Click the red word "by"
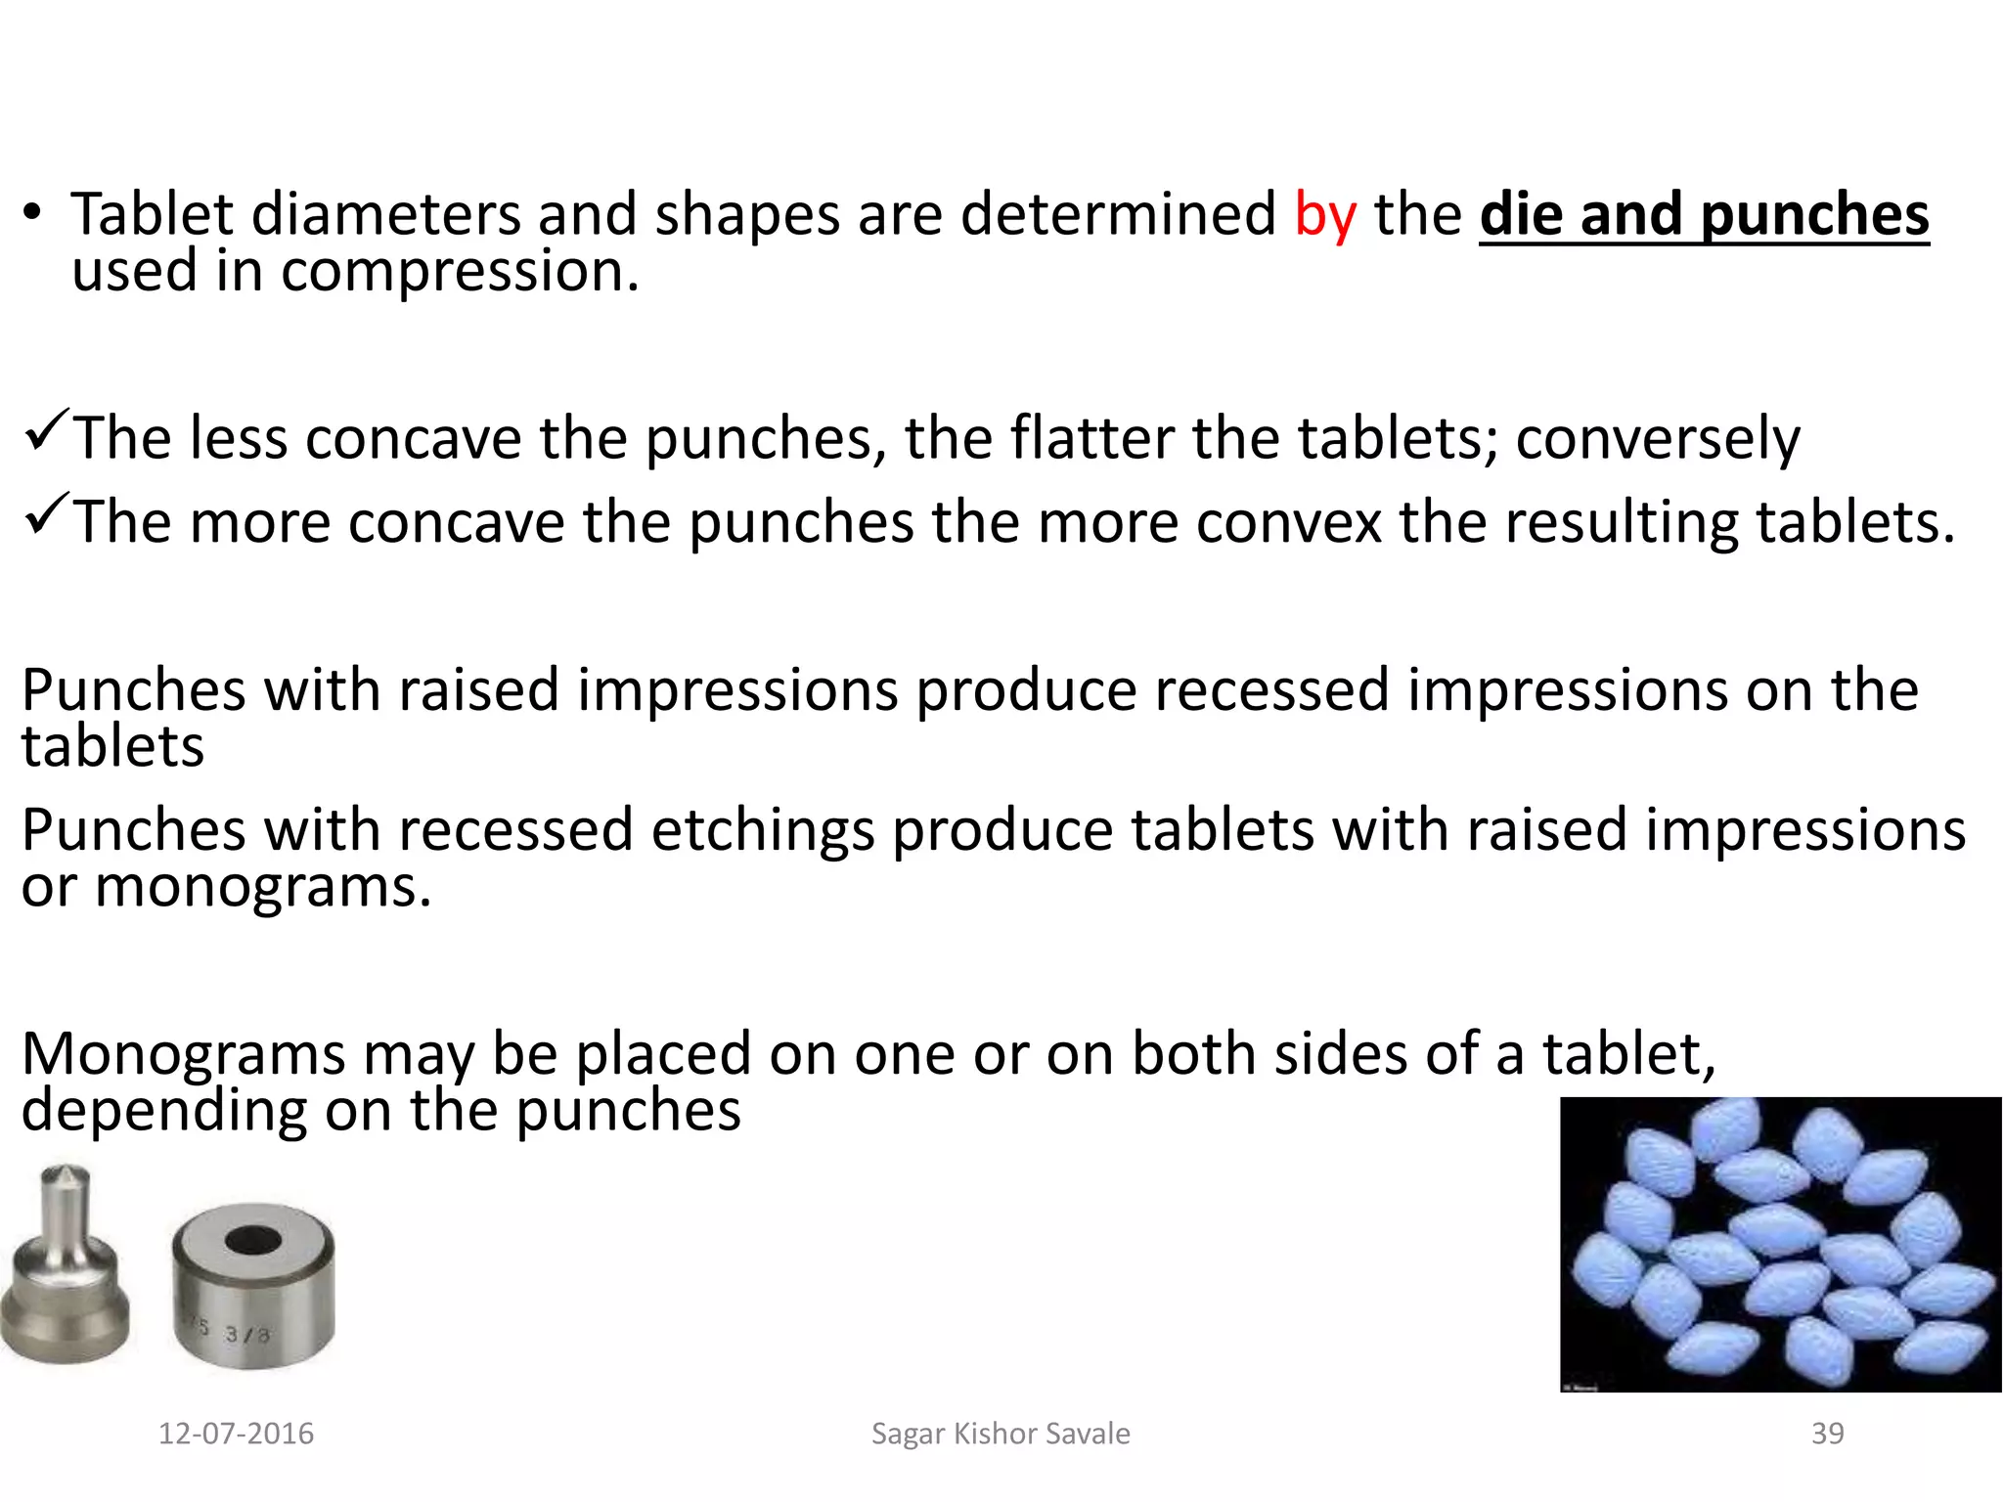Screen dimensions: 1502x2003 1325,215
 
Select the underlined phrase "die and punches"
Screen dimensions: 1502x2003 1704,215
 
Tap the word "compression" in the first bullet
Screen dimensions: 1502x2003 460,272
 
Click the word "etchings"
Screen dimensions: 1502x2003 763,831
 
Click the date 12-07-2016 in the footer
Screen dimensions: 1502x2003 236,1434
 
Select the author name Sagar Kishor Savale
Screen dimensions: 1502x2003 1001,1434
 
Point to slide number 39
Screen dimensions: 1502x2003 1827,1434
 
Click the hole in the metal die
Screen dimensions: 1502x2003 253,1240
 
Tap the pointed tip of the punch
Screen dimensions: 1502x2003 67,1173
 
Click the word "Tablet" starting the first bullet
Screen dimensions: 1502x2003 153,215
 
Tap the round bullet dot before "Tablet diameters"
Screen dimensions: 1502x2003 32,213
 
